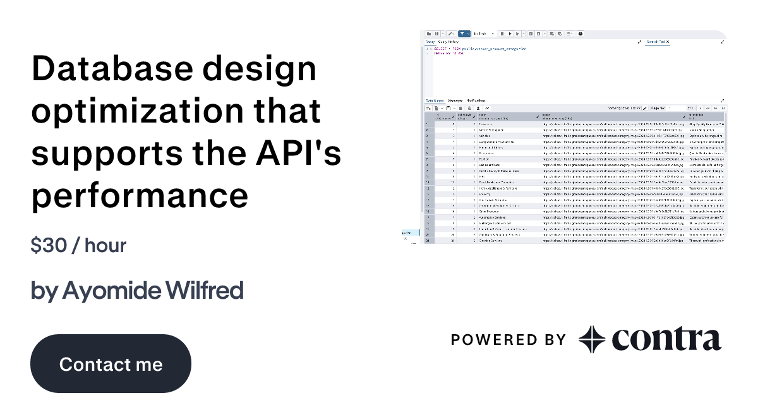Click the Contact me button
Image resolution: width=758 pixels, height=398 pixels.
[111, 364]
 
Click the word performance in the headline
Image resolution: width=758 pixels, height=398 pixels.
[140, 195]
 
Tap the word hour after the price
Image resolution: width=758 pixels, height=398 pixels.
[105, 245]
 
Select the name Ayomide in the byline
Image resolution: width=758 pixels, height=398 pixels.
[112, 291]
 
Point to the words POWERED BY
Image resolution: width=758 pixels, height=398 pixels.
[508, 340]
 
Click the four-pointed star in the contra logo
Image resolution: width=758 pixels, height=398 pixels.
[592, 339]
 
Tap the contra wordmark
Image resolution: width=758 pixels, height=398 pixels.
[666, 339]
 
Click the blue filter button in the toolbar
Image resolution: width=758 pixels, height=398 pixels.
[463, 33]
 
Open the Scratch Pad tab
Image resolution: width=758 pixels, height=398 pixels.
[654, 42]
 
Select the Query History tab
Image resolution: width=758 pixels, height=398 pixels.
[448, 42]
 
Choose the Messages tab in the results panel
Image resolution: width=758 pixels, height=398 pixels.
[455, 100]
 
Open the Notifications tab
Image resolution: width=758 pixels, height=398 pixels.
[476, 100]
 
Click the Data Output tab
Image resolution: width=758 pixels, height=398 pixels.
[435, 100]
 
